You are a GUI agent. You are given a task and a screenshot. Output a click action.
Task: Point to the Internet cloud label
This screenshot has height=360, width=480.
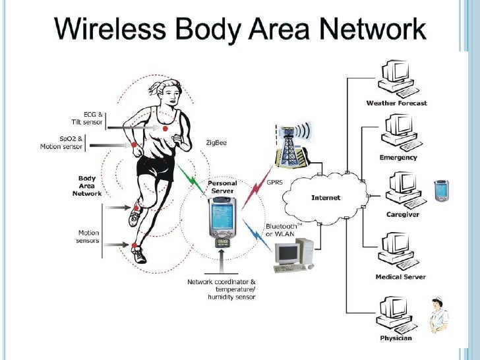[326, 197]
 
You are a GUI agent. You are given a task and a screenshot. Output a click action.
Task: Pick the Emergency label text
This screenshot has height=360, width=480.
[398, 158]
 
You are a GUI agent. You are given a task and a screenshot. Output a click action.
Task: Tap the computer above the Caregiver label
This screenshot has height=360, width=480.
[397, 189]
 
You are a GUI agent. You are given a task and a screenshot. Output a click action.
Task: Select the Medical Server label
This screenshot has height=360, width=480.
[400, 277]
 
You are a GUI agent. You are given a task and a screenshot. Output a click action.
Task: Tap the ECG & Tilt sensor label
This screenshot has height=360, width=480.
[87, 117]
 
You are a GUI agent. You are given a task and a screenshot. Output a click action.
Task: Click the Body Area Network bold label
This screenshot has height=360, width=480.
[87, 186]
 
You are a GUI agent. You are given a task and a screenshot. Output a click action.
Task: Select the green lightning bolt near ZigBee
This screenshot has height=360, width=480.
[192, 175]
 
